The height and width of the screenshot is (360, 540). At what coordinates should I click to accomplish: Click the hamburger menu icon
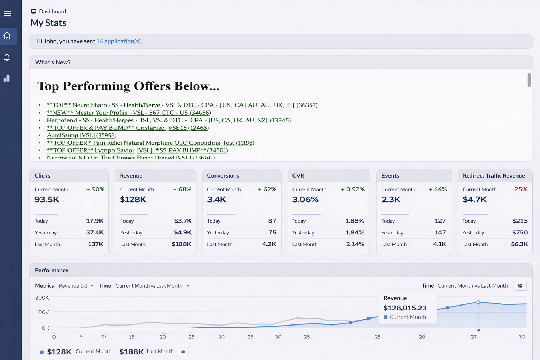pyautogui.click(x=7, y=14)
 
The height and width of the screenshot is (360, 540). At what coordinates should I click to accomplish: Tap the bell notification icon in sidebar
pyautogui.click(x=7, y=57)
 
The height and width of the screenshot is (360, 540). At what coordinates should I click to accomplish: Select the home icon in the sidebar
pyautogui.click(x=7, y=36)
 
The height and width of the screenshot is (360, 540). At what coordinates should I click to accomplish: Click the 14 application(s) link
pyautogui.click(x=119, y=41)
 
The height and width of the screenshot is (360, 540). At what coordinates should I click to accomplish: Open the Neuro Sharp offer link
pyautogui.click(x=182, y=105)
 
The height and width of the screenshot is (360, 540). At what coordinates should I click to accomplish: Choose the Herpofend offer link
pyautogui.click(x=169, y=120)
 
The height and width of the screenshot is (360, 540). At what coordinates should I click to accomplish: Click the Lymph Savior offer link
pyautogui.click(x=137, y=150)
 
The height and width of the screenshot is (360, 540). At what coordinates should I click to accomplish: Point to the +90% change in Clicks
pyautogui.click(x=96, y=189)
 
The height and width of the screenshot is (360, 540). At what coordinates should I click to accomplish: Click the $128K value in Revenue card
pyautogui.click(x=133, y=199)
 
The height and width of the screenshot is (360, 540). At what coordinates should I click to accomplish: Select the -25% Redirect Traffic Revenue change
pyautogui.click(x=520, y=189)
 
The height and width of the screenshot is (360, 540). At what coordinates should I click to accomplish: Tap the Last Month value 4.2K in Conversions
pyautogui.click(x=269, y=244)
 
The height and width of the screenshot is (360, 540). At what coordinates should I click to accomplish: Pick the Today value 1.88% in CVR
pyautogui.click(x=354, y=221)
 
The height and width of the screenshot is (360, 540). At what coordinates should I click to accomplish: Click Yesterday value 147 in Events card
pyautogui.click(x=440, y=232)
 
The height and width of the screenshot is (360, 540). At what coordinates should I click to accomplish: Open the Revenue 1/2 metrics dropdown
pyautogui.click(x=76, y=286)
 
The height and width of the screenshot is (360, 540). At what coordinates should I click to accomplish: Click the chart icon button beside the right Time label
pyautogui.click(x=520, y=286)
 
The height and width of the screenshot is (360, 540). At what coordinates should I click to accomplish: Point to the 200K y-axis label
pyautogui.click(x=42, y=298)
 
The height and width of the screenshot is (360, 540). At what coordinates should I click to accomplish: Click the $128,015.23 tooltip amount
pyautogui.click(x=405, y=308)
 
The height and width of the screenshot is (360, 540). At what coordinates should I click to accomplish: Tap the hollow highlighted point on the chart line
pyautogui.click(x=478, y=302)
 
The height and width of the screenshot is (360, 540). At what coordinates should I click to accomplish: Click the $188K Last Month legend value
pyautogui.click(x=131, y=352)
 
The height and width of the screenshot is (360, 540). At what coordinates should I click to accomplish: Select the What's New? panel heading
pyautogui.click(x=53, y=62)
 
